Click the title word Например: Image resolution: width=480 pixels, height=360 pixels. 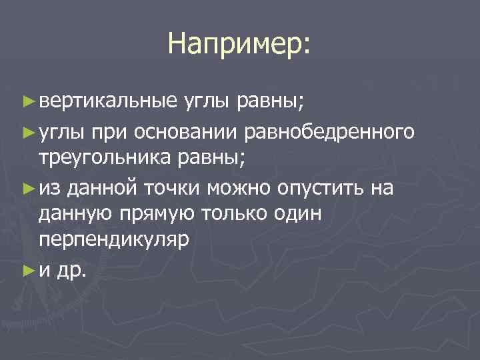point(239,44)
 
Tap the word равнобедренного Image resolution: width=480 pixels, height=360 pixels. point(333,132)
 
